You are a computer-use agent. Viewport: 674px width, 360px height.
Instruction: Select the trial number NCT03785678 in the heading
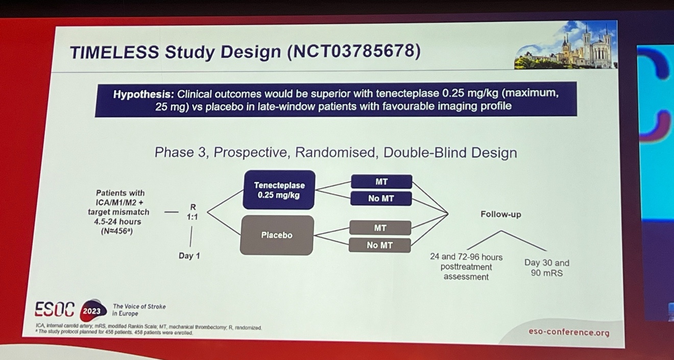[x=353, y=51]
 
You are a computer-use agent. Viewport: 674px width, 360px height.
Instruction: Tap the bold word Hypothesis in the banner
[x=143, y=94]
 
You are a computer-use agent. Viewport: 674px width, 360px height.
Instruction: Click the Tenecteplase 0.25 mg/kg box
[x=279, y=190]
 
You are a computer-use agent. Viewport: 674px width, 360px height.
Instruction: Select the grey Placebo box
[x=277, y=235]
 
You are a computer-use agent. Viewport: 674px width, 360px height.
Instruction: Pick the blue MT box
[x=381, y=182]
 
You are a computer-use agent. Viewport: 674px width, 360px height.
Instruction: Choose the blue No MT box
[x=381, y=198]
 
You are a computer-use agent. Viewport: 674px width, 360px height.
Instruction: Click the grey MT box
[x=380, y=228]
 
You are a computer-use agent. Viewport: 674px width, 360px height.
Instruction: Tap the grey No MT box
[x=380, y=245]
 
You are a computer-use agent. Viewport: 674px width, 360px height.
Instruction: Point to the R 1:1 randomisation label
[x=192, y=212]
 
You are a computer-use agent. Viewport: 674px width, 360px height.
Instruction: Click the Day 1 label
[x=189, y=256]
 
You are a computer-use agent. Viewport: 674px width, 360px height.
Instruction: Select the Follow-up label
[x=501, y=214]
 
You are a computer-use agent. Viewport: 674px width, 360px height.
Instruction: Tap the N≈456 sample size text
[x=117, y=231]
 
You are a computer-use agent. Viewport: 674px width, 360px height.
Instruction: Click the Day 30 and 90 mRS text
[x=547, y=268]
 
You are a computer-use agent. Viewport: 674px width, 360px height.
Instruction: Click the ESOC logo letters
[x=55, y=309]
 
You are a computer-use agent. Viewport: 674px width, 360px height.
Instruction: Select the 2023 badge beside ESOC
[x=92, y=310]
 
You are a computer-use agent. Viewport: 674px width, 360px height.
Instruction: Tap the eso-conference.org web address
[x=569, y=332]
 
